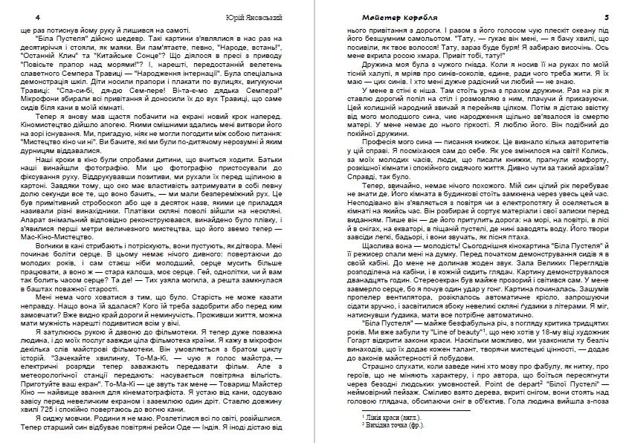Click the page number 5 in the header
point(607,16)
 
